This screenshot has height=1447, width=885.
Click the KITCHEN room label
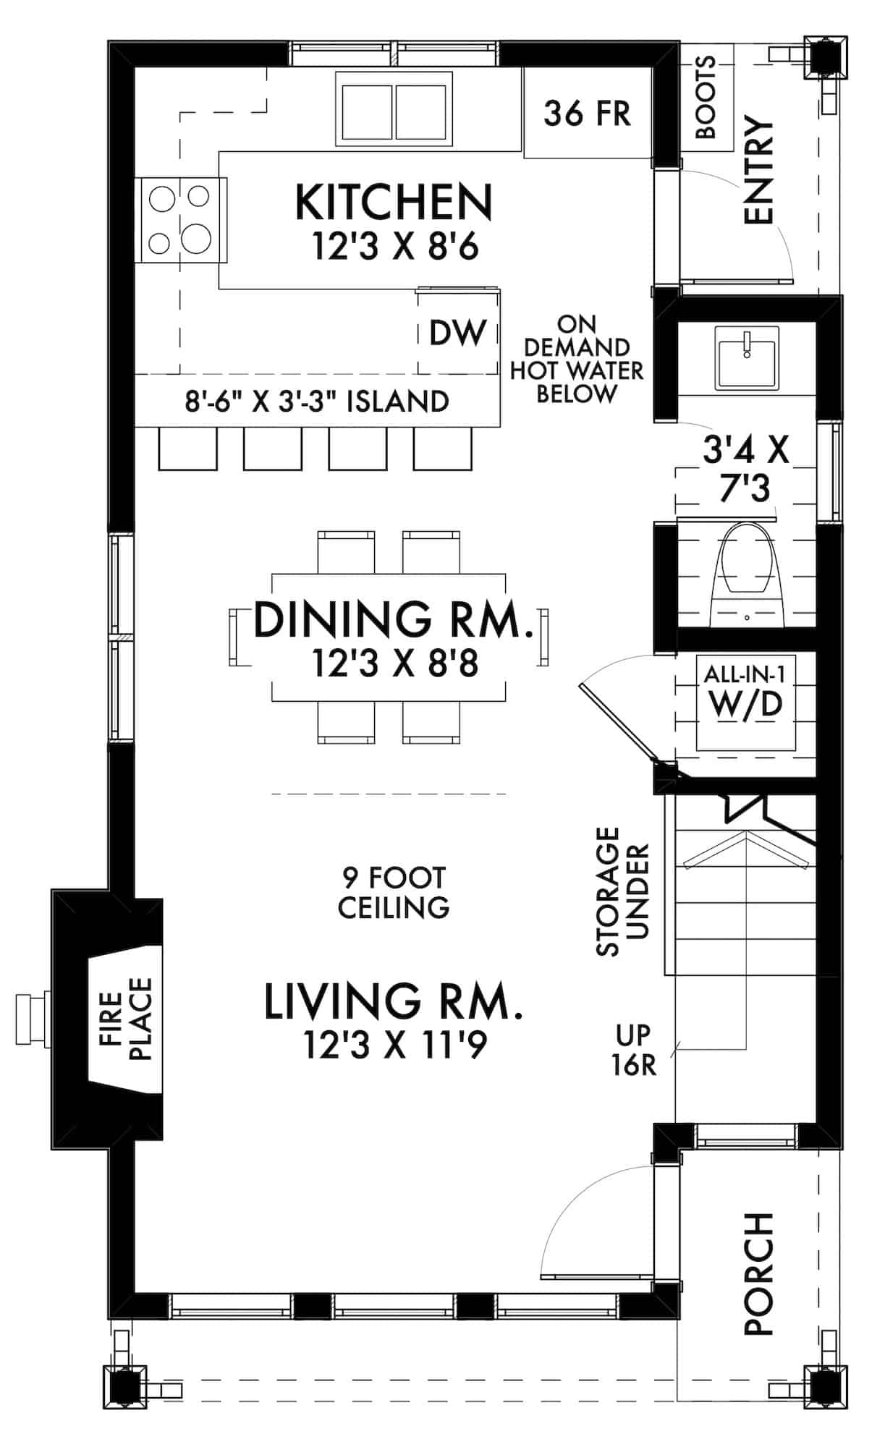pyautogui.click(x=394, y=203)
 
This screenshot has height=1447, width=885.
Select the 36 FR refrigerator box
pyautogui.click(x=587, y=114)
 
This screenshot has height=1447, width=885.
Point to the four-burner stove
pyautogui.click(x=181, y=219)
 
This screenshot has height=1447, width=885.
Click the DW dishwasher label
pyautogui.click(x=457, y=332)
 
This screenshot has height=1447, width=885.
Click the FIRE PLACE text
pyautogui.click(x=125, y=1019)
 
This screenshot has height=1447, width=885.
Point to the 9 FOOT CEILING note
pyautogui.click(x=394, y=892)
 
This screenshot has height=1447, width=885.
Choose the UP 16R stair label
pyautogui.click(x=634, y=1050)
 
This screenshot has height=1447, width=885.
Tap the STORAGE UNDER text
pyautogui.click(x=622, y=891)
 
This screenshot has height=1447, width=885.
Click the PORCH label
pyautogui.click(x=758, y=1273)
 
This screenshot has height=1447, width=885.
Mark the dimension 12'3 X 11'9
pyautogui.click(x=395, y=1045)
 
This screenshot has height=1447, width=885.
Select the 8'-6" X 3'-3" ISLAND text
pyautogui.click(x=317, y=401)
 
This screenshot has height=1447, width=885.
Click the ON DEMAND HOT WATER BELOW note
pyautogui.click(x=577, y=359)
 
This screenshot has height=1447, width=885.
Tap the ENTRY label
pyautogui.click(x=758, y=171)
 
